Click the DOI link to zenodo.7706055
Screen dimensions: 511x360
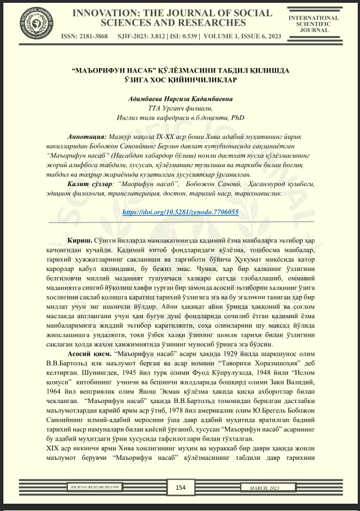180,212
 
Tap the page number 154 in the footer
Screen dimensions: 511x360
181,487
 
